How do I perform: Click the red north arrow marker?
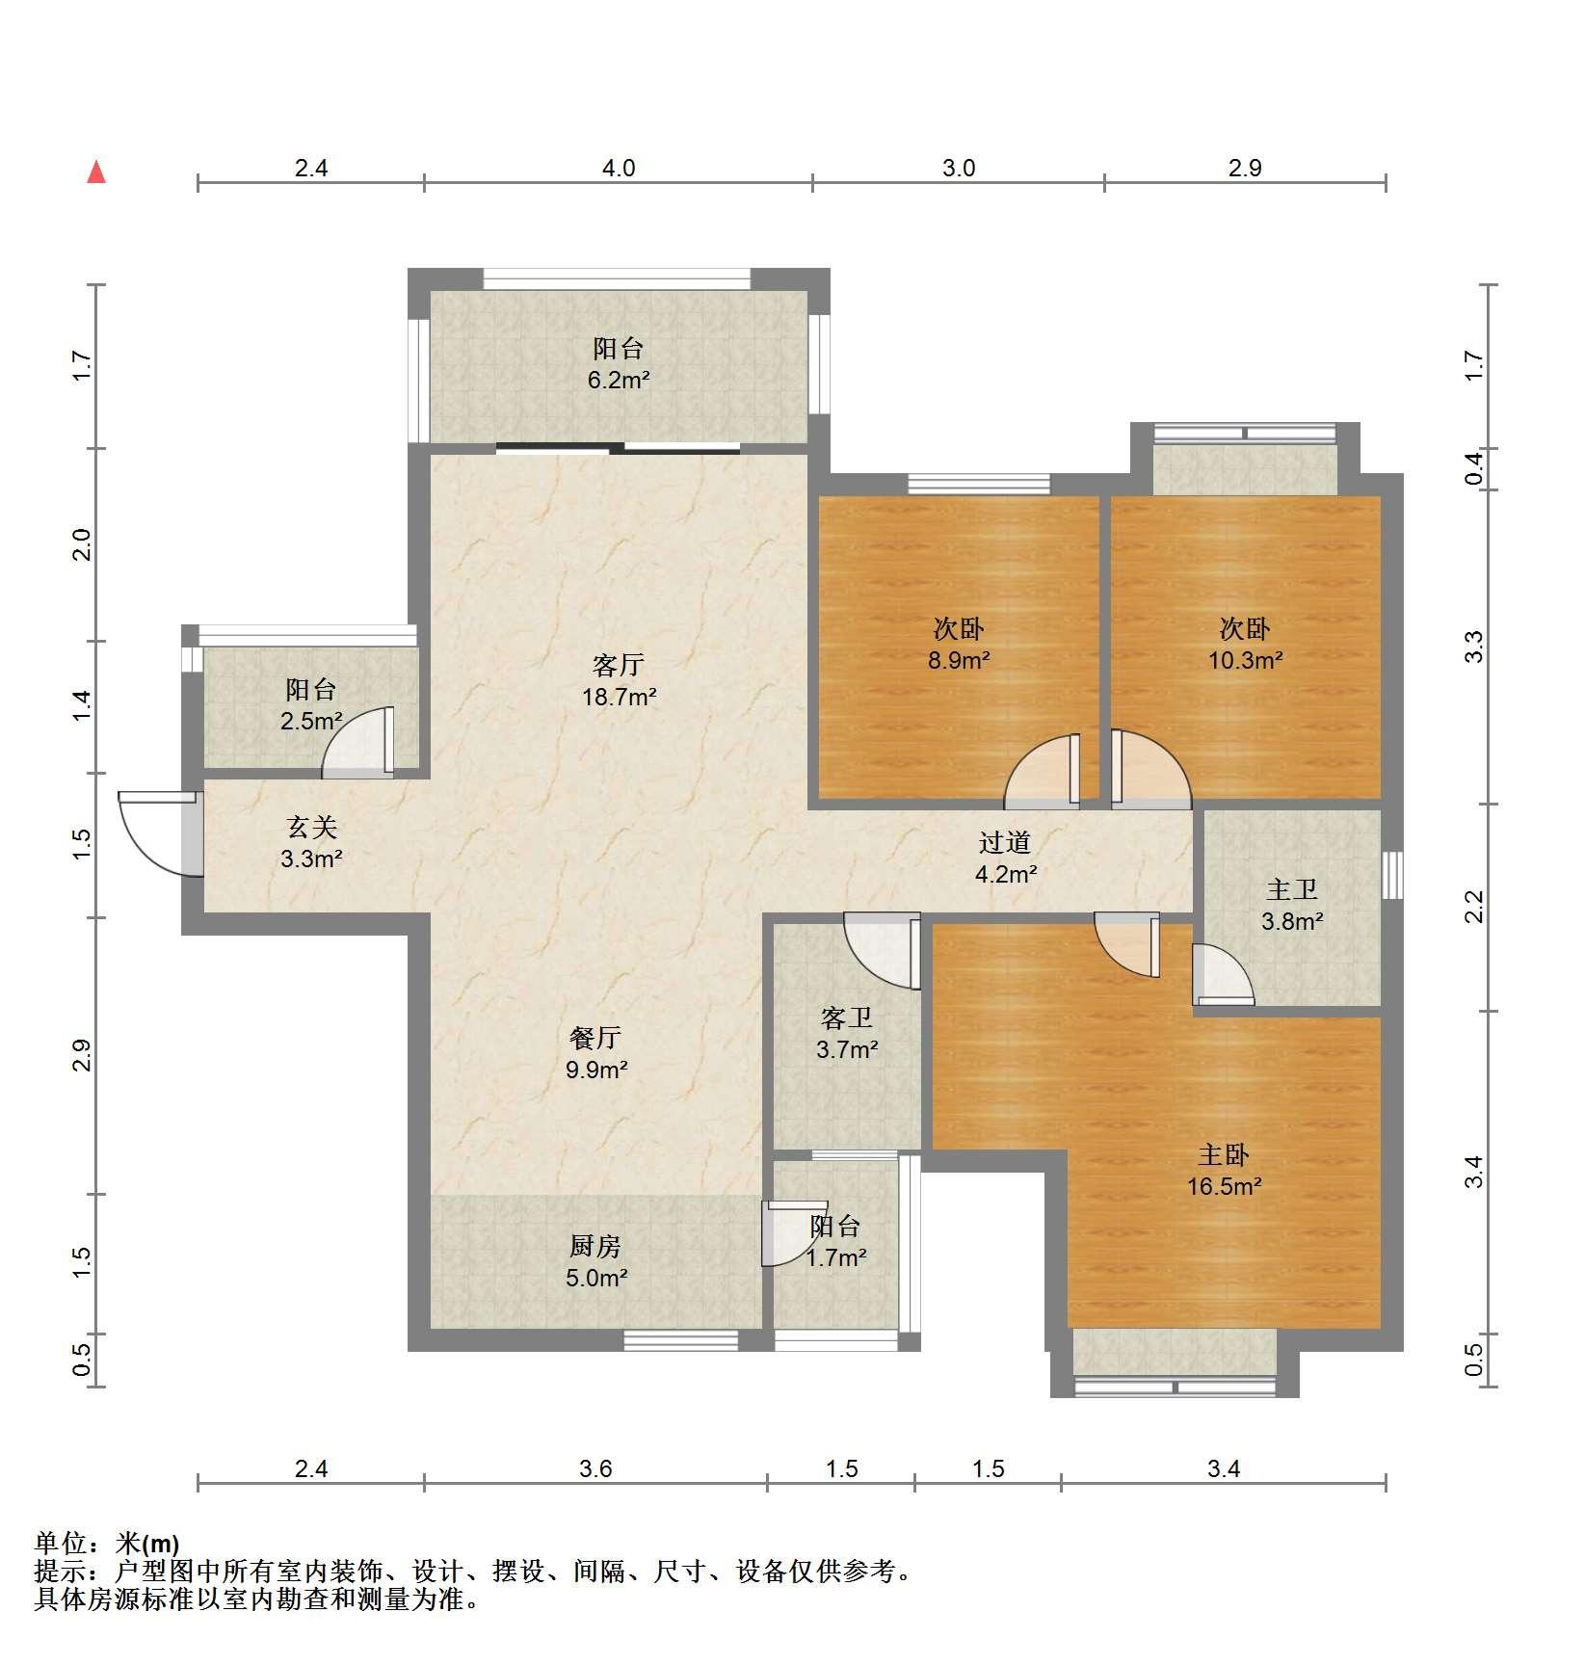coord(96,172)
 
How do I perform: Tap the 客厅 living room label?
coord(619,665)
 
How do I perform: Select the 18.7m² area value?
coord(619,697)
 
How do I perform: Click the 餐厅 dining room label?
coord(595,1038)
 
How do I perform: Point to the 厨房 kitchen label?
coord(595,1246)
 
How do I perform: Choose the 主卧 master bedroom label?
coord(1224,1154)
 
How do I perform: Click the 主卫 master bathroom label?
coord(1291,889)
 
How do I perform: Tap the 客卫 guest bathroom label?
coord(847,1017)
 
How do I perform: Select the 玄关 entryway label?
coord(311,827)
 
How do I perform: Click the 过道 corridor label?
coord(1005,842)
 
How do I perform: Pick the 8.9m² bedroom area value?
coord(959,660)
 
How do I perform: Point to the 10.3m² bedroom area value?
coord(1245,660)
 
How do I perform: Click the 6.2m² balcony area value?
coord(619,380)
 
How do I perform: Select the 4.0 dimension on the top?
coord(619,169)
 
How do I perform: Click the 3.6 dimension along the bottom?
coord(595,1468)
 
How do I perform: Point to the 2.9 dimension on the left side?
coord(83,1055)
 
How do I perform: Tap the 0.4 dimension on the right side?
coord(1473,470)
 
